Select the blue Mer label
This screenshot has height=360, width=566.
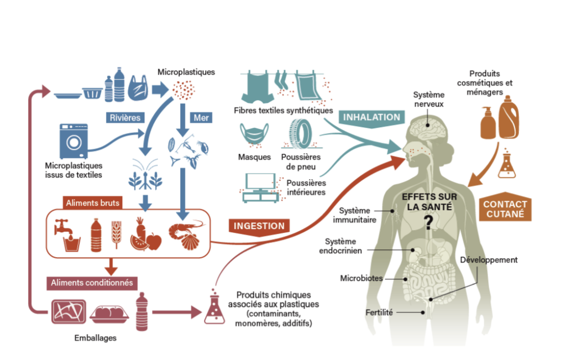[x=200, y=118]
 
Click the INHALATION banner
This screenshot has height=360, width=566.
[x=371, y=117]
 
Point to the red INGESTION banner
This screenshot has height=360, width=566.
[x=259, y=226]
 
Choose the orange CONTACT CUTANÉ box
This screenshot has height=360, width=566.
[x=505, y=208]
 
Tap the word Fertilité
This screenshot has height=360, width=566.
[x=379, y=312]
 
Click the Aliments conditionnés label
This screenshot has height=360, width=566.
[x=92, y=283]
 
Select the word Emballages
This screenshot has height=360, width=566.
[x=95, y=337]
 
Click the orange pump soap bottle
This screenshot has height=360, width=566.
[x=487, y=123]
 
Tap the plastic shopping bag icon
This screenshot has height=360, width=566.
[x=138, y=88]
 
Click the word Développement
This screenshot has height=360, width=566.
[x=489, y=260]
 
